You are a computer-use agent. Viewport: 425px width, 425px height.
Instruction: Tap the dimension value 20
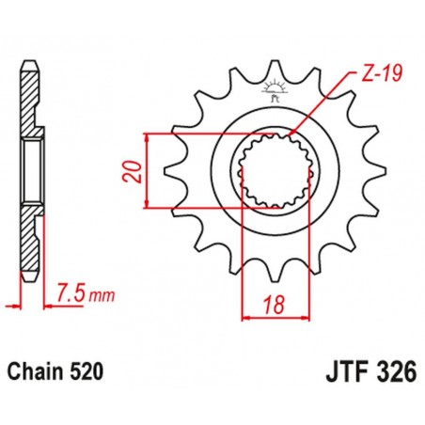(137, 171)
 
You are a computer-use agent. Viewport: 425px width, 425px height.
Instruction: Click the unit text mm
(102, 296)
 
